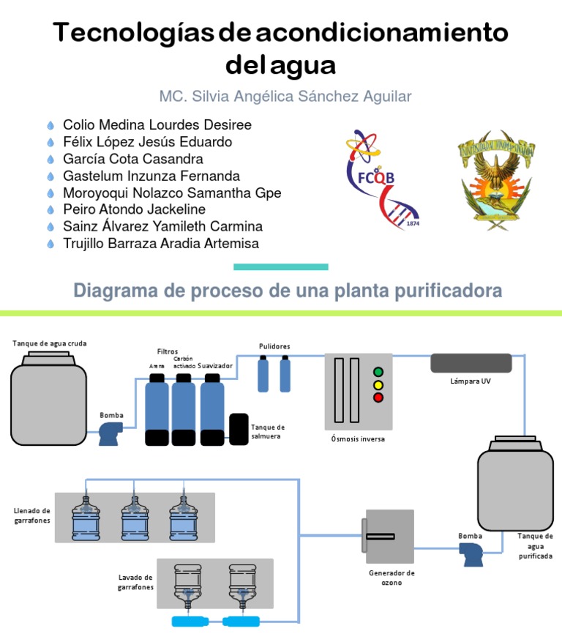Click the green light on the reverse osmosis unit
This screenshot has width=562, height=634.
[x=378, y=372]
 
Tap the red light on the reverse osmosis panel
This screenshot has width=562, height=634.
[x=378, y=398]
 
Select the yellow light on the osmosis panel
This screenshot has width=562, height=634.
[x=378, y=385]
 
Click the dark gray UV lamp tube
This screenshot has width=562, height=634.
[x=471, y=363]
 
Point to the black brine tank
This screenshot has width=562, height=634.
[x=239, y=429]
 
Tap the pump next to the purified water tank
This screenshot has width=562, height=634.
[x=471, y=554]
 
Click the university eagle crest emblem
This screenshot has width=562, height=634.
[x=496, y=180]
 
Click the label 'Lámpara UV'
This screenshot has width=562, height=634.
[x=471, y=381]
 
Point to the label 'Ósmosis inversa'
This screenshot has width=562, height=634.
[x=358, y=439]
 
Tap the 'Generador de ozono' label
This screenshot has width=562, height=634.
[x=391, y=578]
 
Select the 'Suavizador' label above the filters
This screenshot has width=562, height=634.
[x=215, y=366]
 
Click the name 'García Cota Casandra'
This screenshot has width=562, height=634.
[x=133, y=159]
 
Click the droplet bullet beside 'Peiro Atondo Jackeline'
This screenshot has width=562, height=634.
[x=50, y=209]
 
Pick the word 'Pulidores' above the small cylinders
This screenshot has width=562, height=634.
[x=274, y=346]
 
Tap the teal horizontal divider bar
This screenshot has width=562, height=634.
[x=281, y=267]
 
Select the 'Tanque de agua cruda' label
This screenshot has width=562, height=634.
[x=49, y=343]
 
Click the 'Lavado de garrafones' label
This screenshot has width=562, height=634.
[x=136, y=582]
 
